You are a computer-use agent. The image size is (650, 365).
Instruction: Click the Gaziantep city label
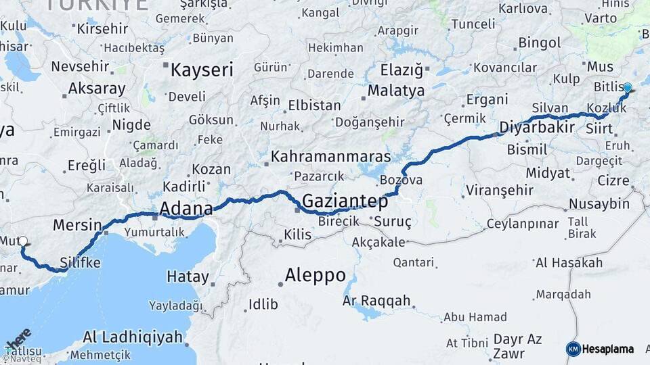click(345, 201)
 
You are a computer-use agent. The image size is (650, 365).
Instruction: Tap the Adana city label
click(186, 208)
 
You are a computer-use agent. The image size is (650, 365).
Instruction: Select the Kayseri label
click(202, 70)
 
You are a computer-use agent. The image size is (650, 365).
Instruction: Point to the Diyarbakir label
click(536, 127)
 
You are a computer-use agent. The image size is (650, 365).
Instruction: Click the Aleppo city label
click(315, 276)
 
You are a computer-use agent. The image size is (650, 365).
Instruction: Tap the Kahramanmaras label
click(330, 157)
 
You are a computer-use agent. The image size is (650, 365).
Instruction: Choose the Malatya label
click(396, 91)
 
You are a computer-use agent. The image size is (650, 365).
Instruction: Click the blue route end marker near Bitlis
click(628, 88)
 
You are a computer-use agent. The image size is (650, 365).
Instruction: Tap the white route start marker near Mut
click(23, 241)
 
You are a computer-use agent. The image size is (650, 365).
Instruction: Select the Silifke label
click(81, 262)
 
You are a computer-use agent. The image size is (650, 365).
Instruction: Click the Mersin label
click(77, 225)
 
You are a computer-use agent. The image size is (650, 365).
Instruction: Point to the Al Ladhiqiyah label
click(133, 337)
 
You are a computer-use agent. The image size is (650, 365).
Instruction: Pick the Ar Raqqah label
click(376, 300)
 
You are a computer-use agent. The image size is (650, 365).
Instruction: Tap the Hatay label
click(188, 276)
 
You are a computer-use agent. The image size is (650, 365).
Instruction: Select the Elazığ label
click(401, 70)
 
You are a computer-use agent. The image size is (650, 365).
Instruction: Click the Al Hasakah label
click(568, 262)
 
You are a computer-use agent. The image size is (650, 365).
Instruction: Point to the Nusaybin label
click(599, 203)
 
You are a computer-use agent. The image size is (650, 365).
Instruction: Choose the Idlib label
click(263, 304)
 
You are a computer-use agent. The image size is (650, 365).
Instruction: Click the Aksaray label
click(97, 89)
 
